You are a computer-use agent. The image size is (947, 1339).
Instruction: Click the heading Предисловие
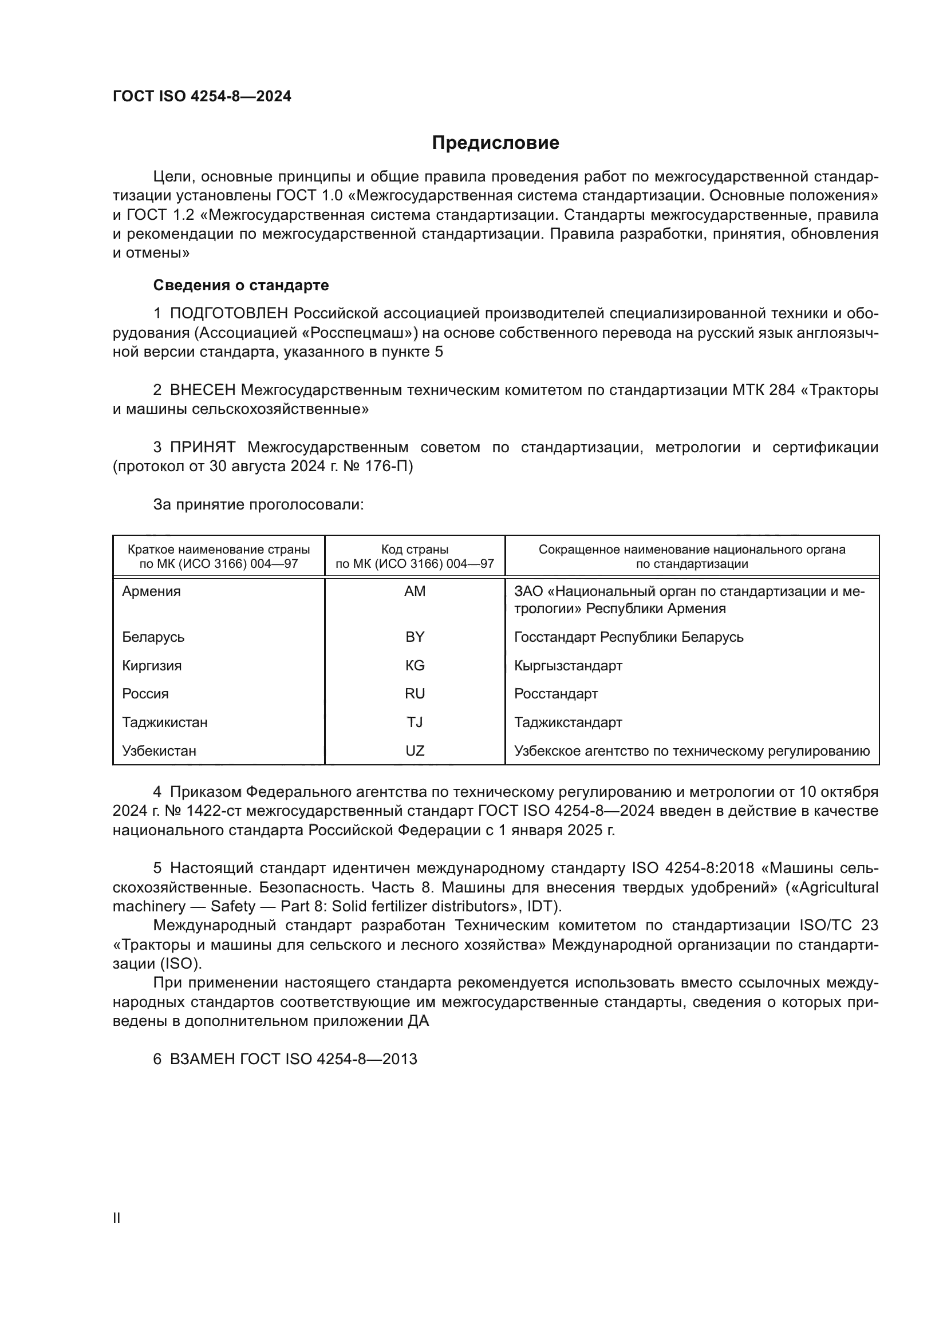click(x=495, y=143)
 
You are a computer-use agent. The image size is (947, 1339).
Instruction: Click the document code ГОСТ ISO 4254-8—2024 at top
click(x=202, y=96)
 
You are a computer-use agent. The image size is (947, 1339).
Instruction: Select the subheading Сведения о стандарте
click(x=241, y=285)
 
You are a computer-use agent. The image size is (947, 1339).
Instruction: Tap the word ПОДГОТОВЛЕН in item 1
click(x=228, y=314)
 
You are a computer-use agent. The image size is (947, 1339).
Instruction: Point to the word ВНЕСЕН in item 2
click(x=202, y=390)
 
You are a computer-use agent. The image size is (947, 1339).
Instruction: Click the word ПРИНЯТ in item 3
click(x=202, y=447)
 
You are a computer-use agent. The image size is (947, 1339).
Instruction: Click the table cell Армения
click(x=152, y=591)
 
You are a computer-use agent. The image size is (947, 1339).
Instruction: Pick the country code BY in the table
click(x=415, y=637)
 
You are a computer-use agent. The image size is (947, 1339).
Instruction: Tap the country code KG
click(x=415, y=665)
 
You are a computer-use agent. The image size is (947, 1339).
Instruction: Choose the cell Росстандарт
click(x=556, y=694)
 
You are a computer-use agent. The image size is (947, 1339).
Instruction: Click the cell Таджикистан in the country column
click(x=164, y=722)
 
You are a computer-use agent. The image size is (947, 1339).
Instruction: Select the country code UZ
click(x=415, y=751)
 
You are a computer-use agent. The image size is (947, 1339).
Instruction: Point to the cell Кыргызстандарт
click(x=568, y=665)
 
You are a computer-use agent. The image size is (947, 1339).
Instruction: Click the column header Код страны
click(x=415, y=550)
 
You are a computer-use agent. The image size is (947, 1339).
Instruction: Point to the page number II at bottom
click(x=117, y=1218)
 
